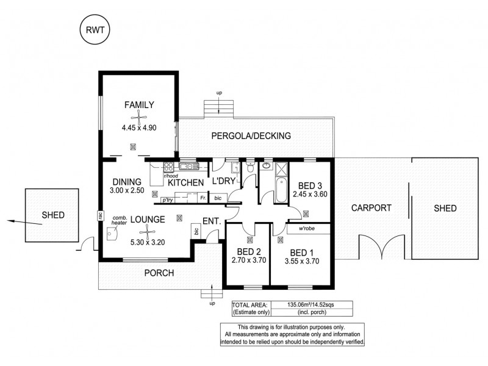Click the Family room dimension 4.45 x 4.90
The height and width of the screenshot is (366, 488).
tap(139, 128)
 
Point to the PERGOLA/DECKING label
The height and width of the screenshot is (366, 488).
tap(251, 135)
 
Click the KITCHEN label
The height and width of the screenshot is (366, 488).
tap(185, 182)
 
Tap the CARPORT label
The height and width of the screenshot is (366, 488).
tap(371, 208)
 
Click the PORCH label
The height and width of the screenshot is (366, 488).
tap(160, 273)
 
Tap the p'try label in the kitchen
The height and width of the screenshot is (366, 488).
tap(166, 199)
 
